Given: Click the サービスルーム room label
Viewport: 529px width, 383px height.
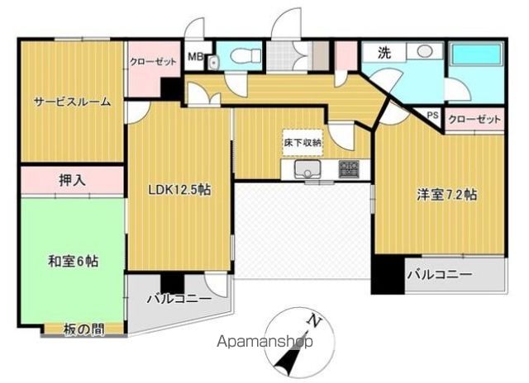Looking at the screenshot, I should coord(71,102).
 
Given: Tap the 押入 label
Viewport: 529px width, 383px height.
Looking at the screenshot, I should coord(70,178).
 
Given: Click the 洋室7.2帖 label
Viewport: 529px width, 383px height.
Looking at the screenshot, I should coord(446,195).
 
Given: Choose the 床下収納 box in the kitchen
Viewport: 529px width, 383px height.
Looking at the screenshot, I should coord(302,142).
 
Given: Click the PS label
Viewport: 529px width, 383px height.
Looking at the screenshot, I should coord(432,116).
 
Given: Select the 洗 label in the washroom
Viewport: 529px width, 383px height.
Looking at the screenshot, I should coord(384,52).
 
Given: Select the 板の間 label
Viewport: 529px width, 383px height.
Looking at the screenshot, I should coord(84,329).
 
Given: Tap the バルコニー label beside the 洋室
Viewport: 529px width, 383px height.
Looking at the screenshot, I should coord(439,274).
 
